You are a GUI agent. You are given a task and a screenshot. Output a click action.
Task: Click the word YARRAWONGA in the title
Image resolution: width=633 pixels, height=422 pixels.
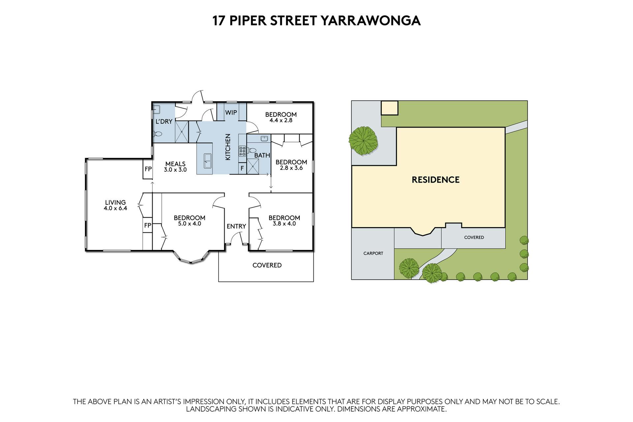(371, 20)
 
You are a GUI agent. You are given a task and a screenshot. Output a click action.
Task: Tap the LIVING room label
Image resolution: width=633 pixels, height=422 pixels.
(115, 202)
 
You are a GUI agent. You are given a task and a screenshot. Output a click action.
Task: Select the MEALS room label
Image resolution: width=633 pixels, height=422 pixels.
(175, 164)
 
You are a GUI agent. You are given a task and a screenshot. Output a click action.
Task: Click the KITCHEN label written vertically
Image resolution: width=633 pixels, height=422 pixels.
(228, 147)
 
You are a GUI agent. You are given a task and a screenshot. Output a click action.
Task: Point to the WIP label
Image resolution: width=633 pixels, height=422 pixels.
(231, 112)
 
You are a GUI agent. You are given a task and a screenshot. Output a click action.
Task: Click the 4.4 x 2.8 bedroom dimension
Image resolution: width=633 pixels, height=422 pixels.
(281, 121)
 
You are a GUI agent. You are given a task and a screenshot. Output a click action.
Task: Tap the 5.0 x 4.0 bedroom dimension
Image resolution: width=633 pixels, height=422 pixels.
(190, 224)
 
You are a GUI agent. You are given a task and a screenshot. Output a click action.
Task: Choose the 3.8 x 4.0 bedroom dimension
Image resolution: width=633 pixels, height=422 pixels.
(284, 224)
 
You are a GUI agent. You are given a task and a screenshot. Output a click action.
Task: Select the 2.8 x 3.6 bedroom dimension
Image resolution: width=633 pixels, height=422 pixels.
(291, 168)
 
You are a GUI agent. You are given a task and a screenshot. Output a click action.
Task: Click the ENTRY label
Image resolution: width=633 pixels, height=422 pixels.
(236, 226)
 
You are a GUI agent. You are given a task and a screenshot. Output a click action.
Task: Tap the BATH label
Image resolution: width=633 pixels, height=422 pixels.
(262, 155)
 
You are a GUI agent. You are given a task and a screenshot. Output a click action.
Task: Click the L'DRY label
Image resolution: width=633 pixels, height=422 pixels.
(164, 121)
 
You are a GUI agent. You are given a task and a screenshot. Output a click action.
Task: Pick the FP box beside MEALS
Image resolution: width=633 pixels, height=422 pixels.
(148, 169)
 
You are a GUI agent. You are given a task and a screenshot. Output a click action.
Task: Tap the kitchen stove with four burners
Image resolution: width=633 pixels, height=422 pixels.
(242, 151)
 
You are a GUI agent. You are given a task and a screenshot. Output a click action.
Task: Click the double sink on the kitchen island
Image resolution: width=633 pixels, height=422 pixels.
(208, 161)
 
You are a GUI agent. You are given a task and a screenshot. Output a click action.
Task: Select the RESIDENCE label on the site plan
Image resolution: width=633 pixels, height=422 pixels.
(436, 180)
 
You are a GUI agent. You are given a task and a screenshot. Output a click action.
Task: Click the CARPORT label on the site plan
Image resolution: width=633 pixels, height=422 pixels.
(373, 254)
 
